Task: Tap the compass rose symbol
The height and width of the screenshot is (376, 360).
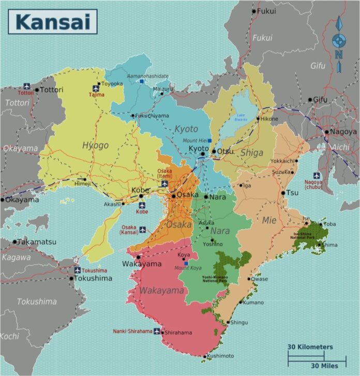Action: point(339,40)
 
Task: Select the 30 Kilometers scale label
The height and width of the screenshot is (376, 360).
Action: point(310,347)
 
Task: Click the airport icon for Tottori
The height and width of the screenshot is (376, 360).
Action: point(26,86)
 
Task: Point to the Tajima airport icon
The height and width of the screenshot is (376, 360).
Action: point(96,88)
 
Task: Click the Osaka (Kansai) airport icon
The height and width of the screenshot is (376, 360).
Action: point(142,230)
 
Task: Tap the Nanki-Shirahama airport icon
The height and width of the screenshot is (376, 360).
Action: point(157,331)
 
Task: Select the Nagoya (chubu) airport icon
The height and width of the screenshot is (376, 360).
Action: point(316,175)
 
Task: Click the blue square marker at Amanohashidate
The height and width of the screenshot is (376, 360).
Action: point(141,81)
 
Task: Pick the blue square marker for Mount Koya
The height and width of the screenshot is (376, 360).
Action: point(186,263)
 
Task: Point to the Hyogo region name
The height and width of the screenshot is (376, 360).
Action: point(95,145)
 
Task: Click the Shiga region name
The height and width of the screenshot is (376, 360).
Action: point(252,153)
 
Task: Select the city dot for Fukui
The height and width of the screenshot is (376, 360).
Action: point(254,11)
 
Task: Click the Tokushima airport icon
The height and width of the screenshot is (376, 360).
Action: point(77,270)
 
